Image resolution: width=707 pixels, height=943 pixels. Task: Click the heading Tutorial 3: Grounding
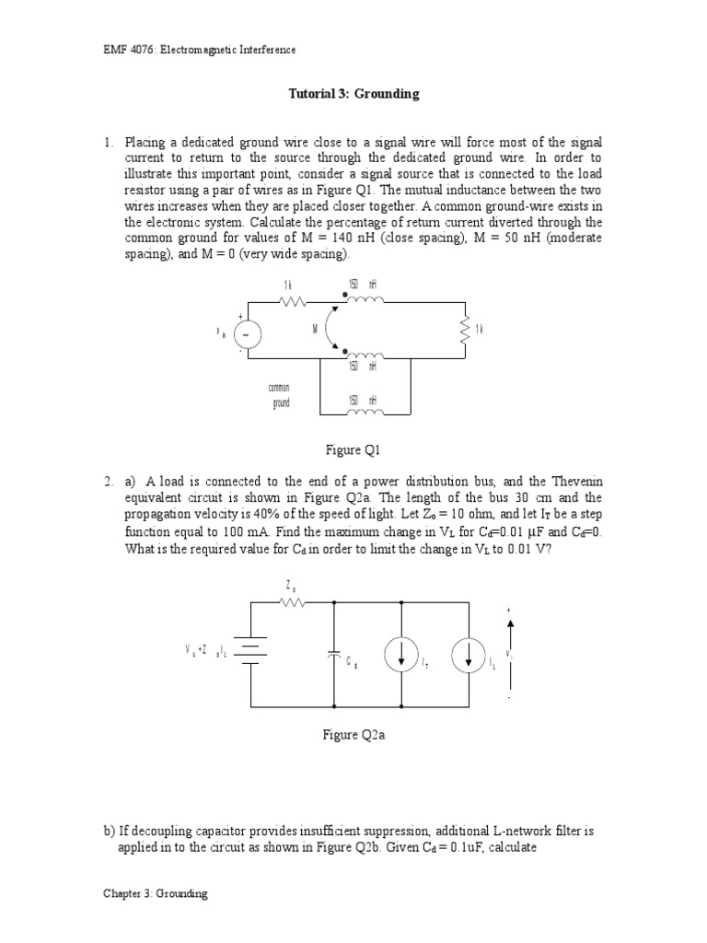coord(353,94)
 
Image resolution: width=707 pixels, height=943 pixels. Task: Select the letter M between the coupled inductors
coord(315,330)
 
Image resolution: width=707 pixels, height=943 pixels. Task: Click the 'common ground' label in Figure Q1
coord(281,395)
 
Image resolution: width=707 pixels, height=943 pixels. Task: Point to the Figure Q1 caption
coord(353,450)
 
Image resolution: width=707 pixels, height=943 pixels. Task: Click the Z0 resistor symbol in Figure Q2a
coord(291,603)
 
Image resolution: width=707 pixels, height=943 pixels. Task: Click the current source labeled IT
coord(401,655)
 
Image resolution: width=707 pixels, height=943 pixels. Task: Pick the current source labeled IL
coord(468,655)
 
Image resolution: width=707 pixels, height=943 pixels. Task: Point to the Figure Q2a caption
coord(353,735)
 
